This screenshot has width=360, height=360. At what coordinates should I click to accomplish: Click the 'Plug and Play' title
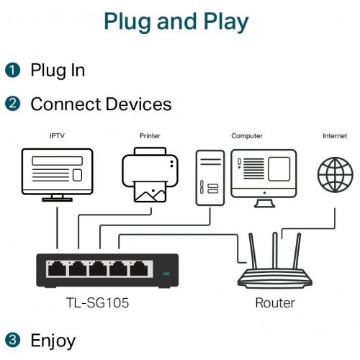pyautogui.click(x=176, y=22)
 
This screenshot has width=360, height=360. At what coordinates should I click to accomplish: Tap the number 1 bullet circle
pyautogui.click(x=12, y=70)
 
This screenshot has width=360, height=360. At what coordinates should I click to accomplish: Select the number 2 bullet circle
pyautogui.click(x=12, y=104)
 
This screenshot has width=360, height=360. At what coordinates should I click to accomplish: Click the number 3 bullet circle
pyautogui.click(x=12, y=339)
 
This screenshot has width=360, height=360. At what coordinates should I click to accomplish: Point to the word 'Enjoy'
pyautogui.click(x=53, y=340)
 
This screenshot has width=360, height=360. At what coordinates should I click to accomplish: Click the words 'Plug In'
pyautogui.click(x=58, y=70)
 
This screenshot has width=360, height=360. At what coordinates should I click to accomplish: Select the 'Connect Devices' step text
pyautogui.click(x=101, y=104)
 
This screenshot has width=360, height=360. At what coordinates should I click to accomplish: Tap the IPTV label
pyautogui.click(x=57, y=135)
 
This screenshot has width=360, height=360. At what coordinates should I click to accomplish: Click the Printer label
pyautogui.click(x=149, y=135)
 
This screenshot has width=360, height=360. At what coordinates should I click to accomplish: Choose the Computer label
pyautogui.click(x=246, y=135)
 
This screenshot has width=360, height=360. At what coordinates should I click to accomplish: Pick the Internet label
pyautogui.click(x=334, y=135)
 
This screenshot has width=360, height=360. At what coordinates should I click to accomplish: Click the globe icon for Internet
pyautogui.click(x=335, y=175)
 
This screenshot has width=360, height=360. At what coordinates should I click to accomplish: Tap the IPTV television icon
pyautogui.click(x=57, y=173)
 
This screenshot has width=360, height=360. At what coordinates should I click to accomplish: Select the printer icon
pyautogui.click(x=149, y=174)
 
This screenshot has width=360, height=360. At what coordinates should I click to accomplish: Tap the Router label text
pyautogui.click(x=275, y=302)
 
